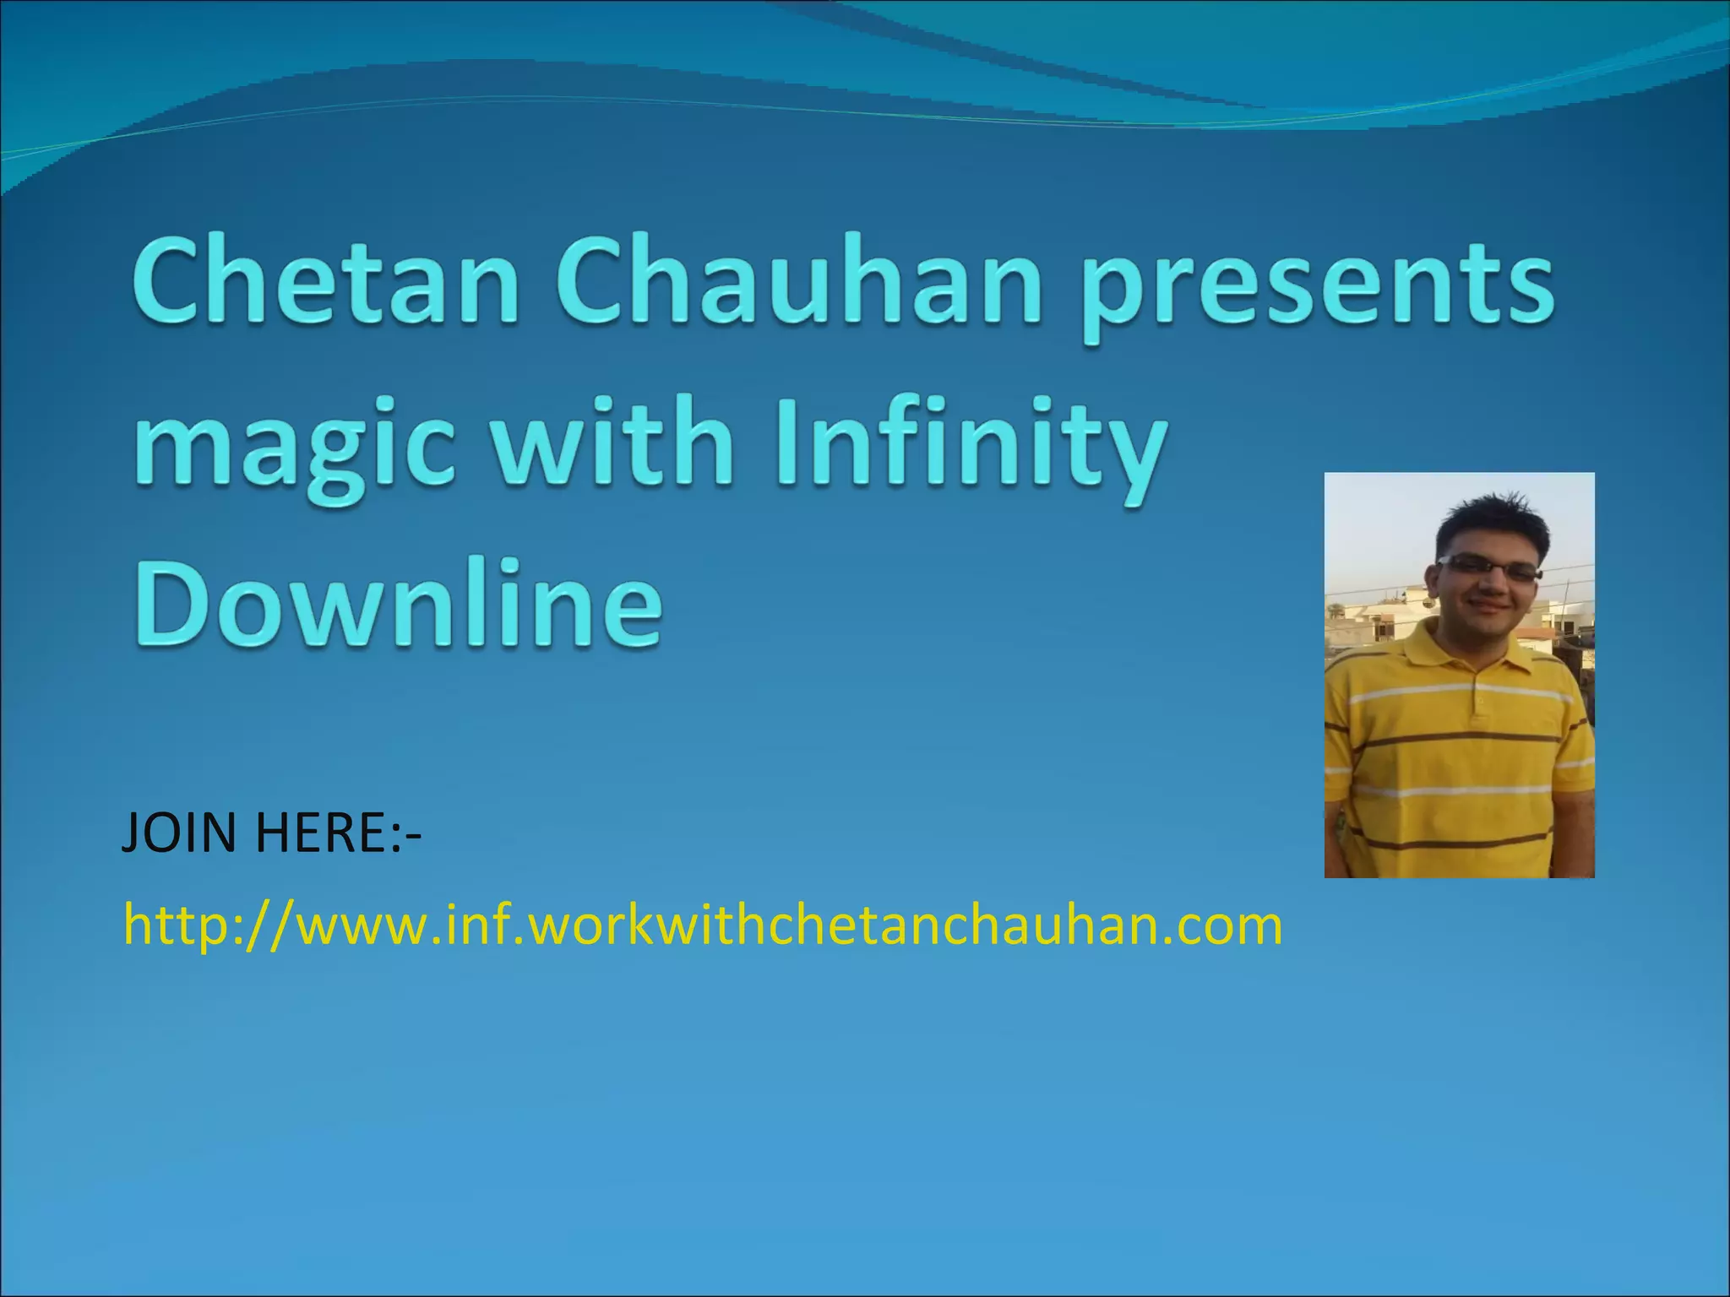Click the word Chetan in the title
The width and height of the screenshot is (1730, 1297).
[325, 283]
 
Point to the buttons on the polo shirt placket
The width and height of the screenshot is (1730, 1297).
[1476, 705]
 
